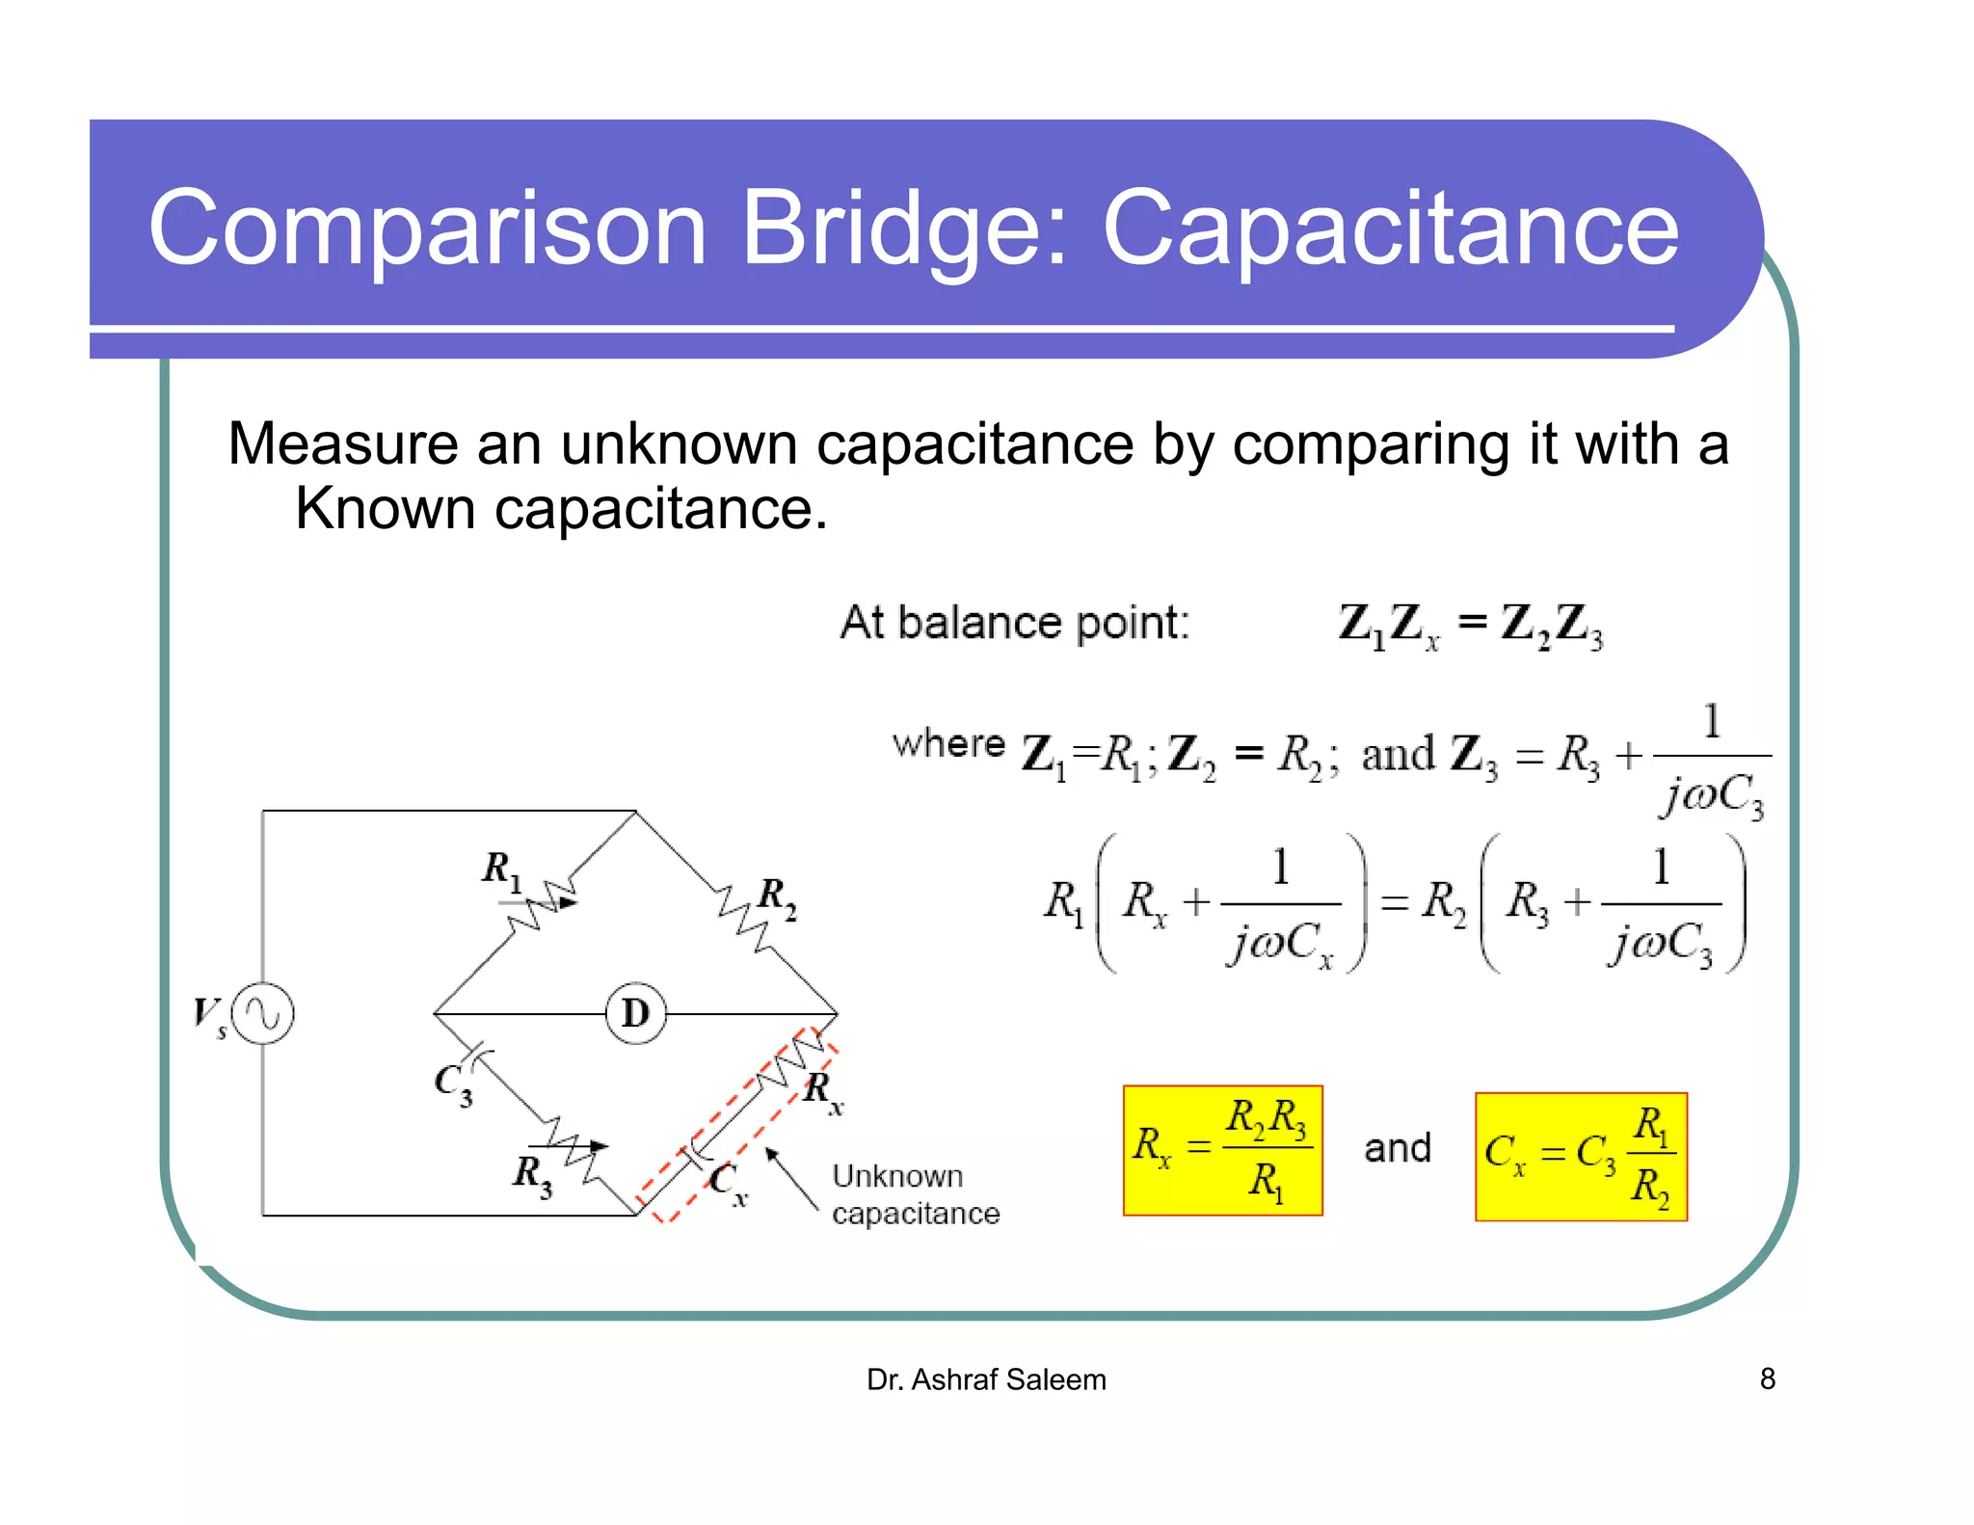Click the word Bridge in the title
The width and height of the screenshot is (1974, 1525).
(902, 228)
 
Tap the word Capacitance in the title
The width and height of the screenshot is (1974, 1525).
(1390, 228)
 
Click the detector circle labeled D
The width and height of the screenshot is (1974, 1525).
(635, 1013)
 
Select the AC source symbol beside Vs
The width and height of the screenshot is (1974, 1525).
(263, 1013)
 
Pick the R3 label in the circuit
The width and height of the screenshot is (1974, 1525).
(532, 1174)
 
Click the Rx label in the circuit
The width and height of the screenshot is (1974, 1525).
(823, 1091)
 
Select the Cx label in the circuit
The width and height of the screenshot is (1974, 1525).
(729, 1183)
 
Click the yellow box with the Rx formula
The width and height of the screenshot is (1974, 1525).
(1222, 1150)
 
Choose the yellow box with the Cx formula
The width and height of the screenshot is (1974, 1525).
(1581, 1156)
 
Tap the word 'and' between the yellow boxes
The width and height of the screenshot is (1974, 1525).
(1397, 1148)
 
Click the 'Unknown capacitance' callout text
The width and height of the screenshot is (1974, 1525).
(915, 1194)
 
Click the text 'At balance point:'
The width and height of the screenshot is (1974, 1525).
(1015, 623)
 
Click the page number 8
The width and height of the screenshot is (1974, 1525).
(1767, 1378)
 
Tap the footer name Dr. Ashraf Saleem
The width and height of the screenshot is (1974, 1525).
(986, 1379)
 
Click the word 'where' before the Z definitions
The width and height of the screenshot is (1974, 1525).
(948, 744)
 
